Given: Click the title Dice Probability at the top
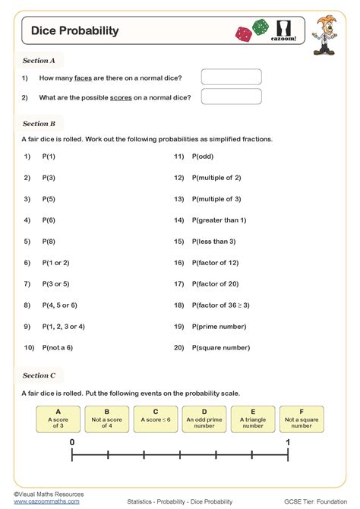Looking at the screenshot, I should [x=74, y=31].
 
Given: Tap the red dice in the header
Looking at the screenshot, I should [x=245, y=33].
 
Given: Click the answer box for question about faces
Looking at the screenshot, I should [x=231, y=77].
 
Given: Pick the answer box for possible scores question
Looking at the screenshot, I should [x=231, y=96].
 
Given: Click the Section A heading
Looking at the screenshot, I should [x=39, y=59].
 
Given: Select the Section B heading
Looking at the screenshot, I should [x=39, y=123].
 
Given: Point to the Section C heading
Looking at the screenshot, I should [x=39, y=375].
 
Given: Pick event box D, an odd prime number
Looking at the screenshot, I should [x=204, y=418].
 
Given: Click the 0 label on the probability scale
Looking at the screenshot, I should [x=72, y=441].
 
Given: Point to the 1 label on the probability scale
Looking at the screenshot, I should [x=288, y=441].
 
